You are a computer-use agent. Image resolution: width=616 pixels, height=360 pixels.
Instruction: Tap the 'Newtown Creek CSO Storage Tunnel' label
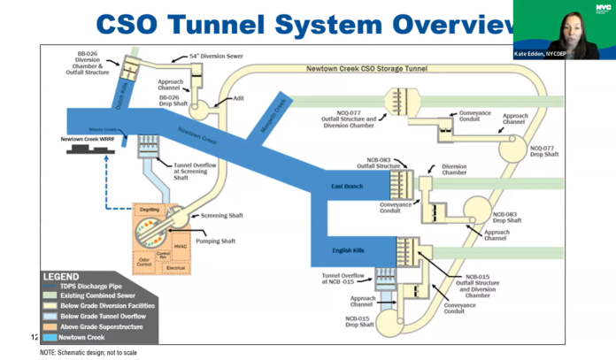click(366, 68)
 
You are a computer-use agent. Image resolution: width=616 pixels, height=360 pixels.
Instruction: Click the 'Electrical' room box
click(175, 267)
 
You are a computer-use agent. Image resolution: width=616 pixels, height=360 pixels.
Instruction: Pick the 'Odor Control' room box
click(142, 262)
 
